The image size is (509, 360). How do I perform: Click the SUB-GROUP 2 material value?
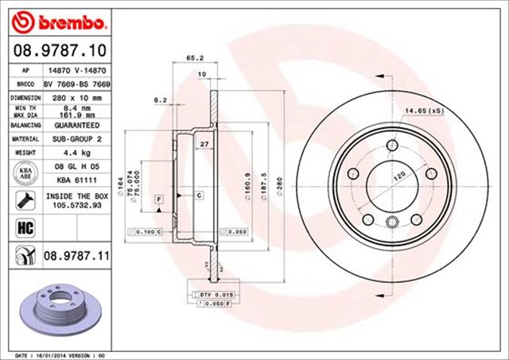point(72,137)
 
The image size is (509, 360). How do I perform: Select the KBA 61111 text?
point(72,180)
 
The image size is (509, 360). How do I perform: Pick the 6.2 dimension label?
point(159,100)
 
